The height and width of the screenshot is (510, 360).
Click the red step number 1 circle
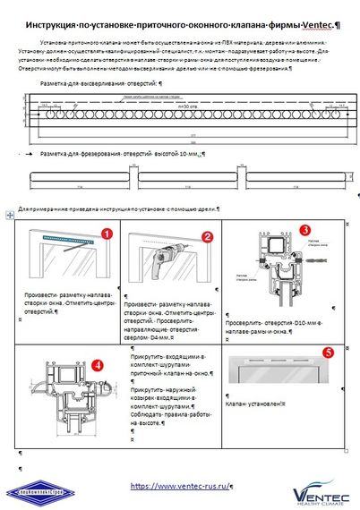coord(107,234)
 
